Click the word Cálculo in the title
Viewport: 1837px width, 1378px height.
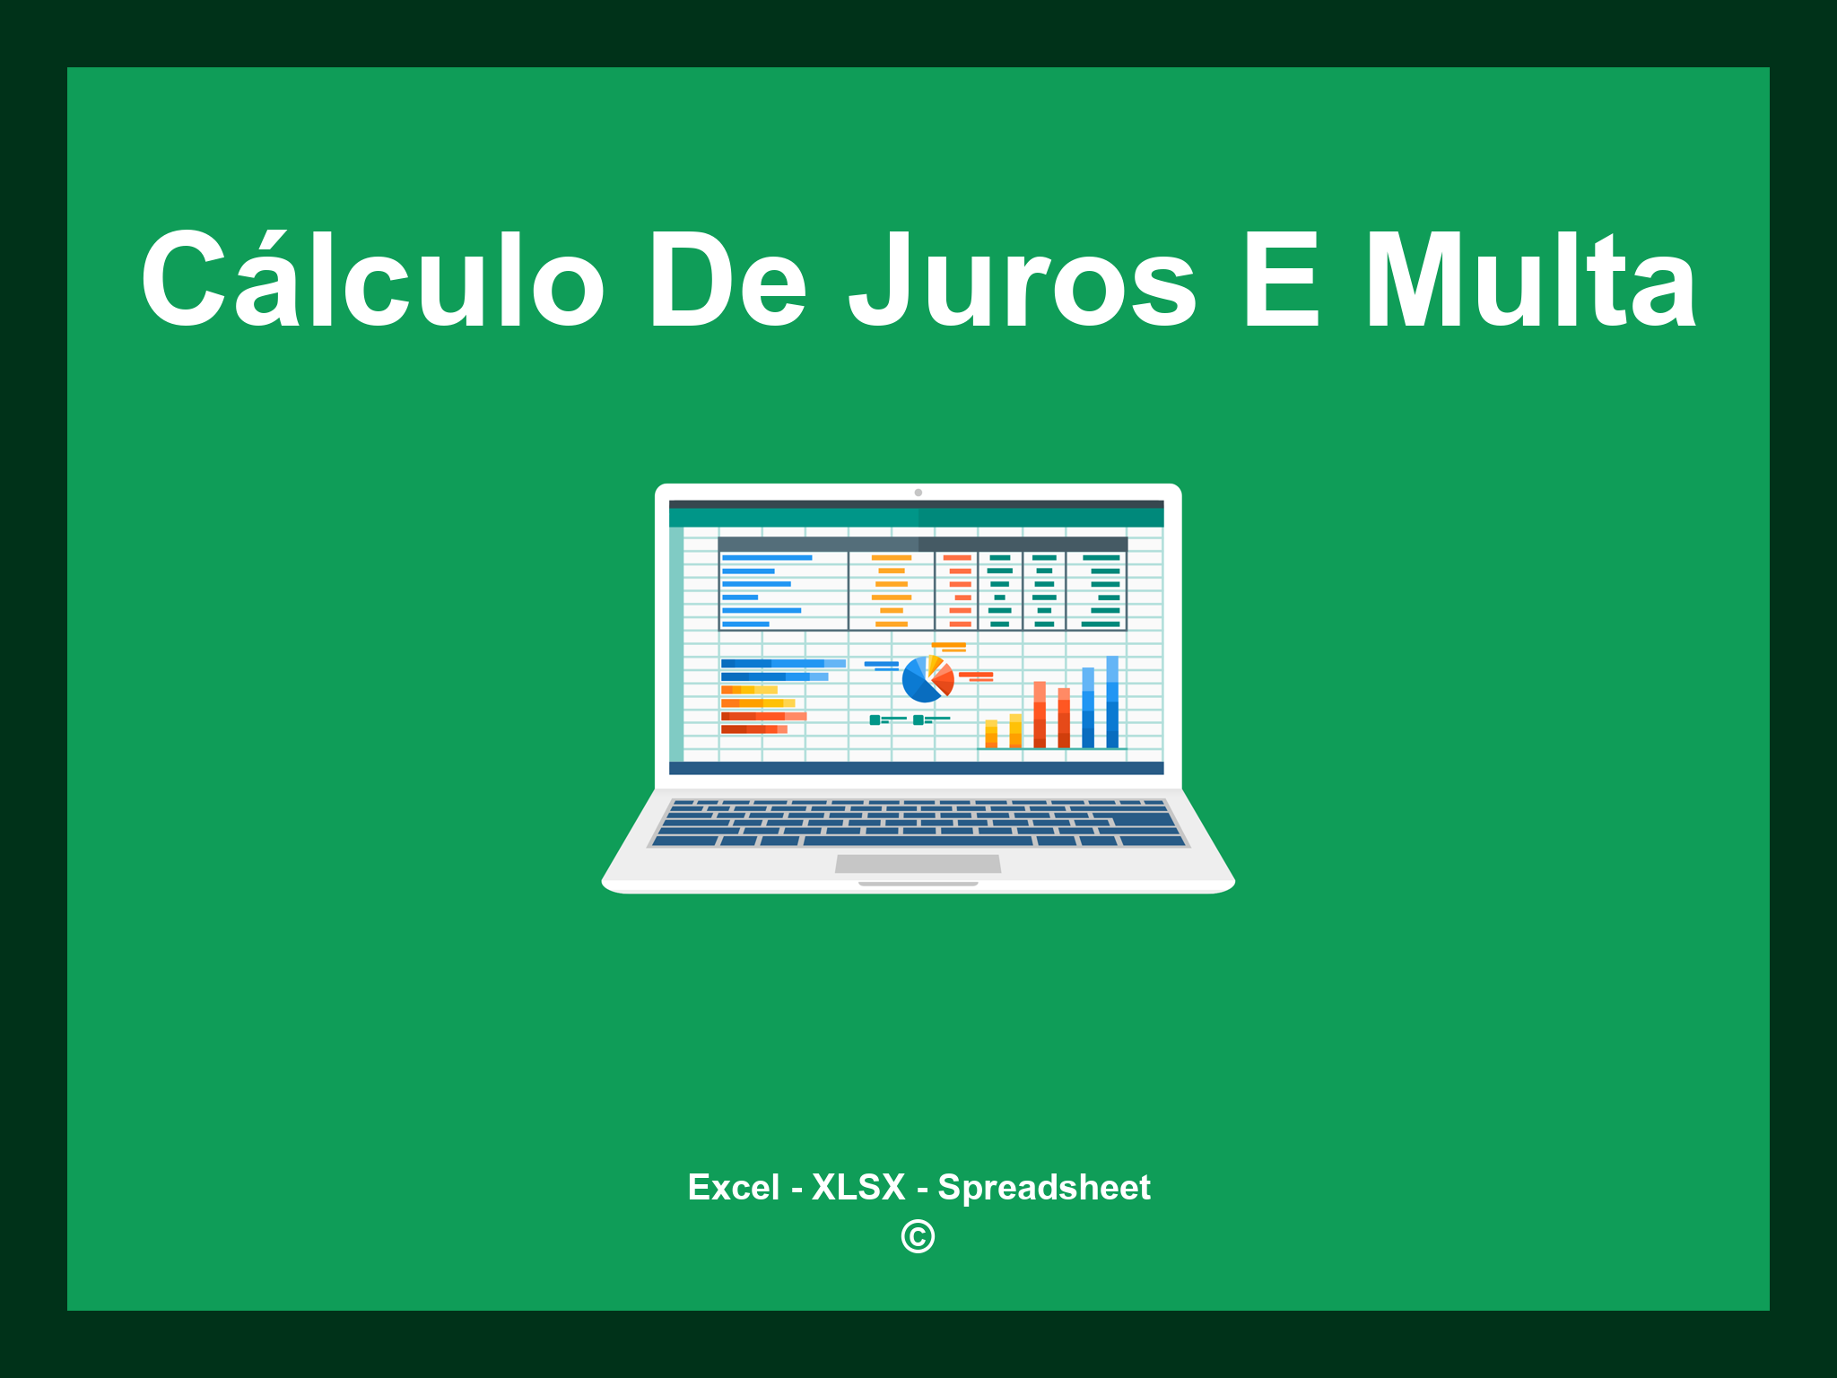[x=372, y=280]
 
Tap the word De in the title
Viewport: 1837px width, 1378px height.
[x=727, y=280]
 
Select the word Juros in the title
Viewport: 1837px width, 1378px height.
[x=1023, y=280]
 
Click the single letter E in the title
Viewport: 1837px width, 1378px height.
[x=1281, y=280]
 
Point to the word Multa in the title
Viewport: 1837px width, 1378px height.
[x=1529, y=280]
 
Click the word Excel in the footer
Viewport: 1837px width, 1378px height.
[x=733, y=1187]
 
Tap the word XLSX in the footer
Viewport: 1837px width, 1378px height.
[x=858, y=1187]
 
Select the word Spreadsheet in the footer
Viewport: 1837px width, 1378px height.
[x=1043, y=1187]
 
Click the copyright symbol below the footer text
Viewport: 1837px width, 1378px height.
[x=918, y=1236]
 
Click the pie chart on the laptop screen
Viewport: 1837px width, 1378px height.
[x=927, y=679]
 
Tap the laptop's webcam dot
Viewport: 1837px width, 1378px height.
[x=918, y=493]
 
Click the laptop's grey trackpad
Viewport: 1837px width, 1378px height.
[x=918, y=863]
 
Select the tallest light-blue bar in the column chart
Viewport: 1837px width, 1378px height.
[x=1112, y=702]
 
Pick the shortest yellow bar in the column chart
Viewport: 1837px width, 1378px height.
[x=991, y=733]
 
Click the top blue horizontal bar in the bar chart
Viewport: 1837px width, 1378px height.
[x=782, y=664]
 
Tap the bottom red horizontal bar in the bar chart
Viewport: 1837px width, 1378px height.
[x=753, y=729]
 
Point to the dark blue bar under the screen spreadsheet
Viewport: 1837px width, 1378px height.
[x=916, y=768]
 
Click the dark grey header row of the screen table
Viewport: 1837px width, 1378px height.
[x=922, y=544]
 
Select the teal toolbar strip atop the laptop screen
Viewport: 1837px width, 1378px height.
[x=916, y=518]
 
